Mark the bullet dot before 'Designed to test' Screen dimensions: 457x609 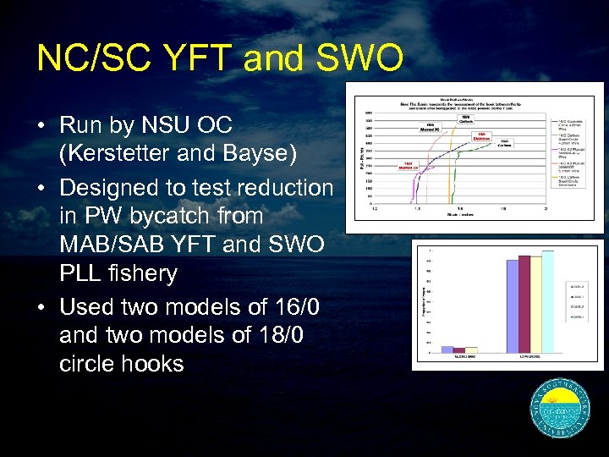click(x=41, y=187)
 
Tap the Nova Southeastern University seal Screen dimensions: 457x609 click(x=559, y=410)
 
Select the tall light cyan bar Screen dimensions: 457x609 click(x=548, y=300)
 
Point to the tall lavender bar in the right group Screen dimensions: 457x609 click(x=511, y=306)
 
